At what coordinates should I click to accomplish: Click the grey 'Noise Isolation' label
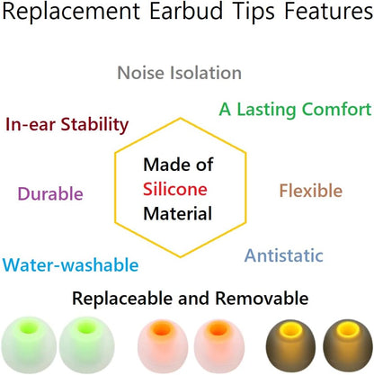(180, 73)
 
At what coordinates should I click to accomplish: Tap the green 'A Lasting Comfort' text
(295, 110)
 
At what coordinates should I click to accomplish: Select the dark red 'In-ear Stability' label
(67, 125)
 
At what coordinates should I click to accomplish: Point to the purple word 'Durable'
(50, 193)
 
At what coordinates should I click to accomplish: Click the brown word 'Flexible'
(310, 191)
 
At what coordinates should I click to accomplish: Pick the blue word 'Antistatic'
(283, 255)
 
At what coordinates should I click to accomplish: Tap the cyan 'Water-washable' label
(70, 265)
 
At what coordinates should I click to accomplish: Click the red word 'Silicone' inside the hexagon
(176, 189)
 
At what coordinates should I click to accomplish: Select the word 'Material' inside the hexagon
(177, 214)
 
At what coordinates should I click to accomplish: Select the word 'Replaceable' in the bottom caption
(121, 298)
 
